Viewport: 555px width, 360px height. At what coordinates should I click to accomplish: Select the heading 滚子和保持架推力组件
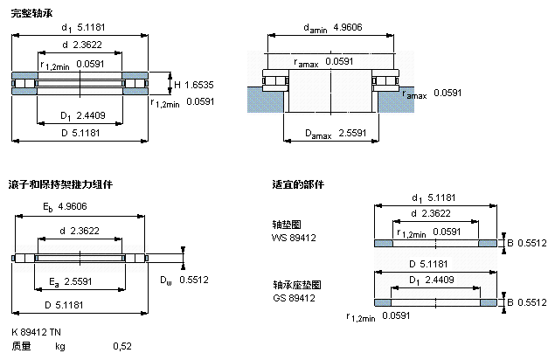tap(60, 184)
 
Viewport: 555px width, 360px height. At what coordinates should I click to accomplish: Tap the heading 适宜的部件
tap(298, 184)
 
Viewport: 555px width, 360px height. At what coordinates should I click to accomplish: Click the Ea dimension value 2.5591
tap(80, 282)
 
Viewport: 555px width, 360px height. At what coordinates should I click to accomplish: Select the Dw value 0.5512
tap(193, 280)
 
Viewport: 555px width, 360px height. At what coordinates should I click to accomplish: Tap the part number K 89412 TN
tap(37, 332)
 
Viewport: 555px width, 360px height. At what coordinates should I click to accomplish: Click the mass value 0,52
tap(122, 347)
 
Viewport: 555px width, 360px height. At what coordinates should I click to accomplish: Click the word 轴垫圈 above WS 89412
tap(287, 225)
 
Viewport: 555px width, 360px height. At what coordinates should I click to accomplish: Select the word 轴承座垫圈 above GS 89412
tap(297, 286)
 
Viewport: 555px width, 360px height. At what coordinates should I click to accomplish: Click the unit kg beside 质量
tap(60, 347)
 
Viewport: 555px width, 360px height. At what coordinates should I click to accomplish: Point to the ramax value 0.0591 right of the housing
tap(447, 92)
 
